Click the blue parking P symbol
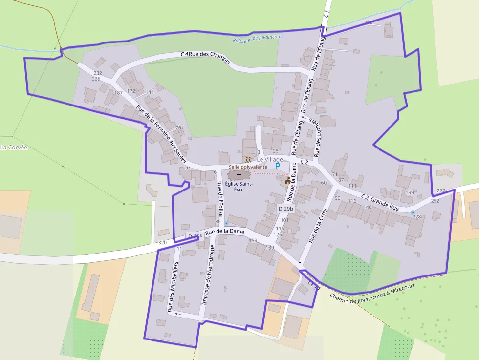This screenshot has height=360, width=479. tap(277, 166)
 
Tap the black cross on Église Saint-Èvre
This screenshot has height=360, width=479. tap(239, 175)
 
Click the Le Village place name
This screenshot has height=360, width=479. tap(270, 160)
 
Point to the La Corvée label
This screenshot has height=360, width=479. tap(14, 147)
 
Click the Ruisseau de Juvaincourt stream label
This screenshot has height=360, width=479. tap(259, 38)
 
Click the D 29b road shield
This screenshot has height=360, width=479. tap(286, 209)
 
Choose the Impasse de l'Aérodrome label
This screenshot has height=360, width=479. tap(208, 275)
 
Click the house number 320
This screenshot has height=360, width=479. tap(162, 242)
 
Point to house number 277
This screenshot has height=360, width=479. tap(441, 191)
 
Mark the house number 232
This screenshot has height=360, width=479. tap(98, 73)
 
